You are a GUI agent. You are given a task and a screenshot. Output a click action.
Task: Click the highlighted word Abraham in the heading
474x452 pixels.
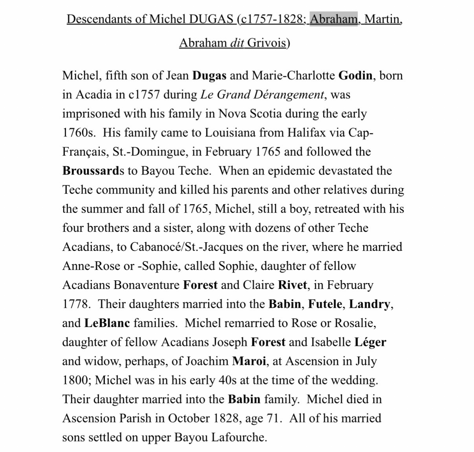334,19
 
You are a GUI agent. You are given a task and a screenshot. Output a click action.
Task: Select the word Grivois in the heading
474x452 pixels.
267,42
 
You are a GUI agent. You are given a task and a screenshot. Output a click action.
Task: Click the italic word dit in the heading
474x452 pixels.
237,42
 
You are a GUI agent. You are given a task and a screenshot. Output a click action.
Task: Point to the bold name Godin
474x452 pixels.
355,75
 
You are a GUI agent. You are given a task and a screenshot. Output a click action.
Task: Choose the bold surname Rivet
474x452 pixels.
292,285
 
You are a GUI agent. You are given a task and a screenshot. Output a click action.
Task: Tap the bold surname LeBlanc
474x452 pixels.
107,323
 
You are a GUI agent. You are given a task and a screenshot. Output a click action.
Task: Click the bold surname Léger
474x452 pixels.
370,342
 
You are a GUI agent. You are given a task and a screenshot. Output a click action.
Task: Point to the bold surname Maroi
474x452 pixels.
249,361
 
